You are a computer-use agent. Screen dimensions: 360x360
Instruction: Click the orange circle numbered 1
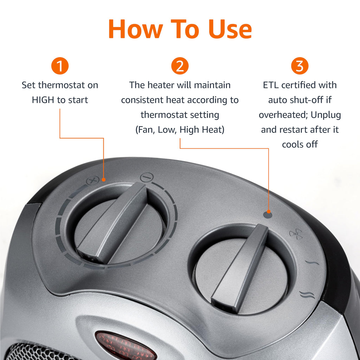tap(60, 66)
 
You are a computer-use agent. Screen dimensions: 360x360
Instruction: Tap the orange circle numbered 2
tap(180, 66)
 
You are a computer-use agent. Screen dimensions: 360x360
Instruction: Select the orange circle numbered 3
tap(300, 66)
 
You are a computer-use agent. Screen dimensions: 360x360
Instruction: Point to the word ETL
tap(271, 85)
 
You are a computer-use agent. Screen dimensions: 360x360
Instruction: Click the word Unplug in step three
tap(326, 115)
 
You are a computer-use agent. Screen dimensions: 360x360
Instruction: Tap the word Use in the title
tap(230, 29)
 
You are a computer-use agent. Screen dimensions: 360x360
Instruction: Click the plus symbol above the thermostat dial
tap(92, 180)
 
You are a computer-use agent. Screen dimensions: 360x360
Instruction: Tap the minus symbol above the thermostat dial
tap(147, 177)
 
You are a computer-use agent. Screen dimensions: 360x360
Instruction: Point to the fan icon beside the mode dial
tap(296, 234)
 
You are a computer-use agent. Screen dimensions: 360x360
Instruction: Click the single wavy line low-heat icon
tap(312, 262)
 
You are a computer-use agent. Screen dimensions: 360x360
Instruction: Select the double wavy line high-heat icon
tap(307, 295)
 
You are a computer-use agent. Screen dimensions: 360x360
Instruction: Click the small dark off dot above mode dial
tap(268, 215)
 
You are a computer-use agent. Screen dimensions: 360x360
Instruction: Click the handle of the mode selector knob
tap(240, 268)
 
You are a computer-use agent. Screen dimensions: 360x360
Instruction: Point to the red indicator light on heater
tap(126, 346)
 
